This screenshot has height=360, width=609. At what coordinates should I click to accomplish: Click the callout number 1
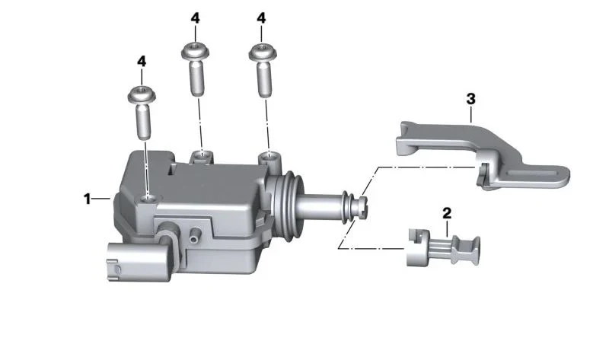(87, 199)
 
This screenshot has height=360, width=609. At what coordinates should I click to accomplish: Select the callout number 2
(447, 213)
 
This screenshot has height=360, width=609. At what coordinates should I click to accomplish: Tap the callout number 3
(470, 99)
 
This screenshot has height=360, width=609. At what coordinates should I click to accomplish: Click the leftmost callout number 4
(142, 62)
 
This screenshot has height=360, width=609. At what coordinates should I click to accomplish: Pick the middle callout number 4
(196, 18)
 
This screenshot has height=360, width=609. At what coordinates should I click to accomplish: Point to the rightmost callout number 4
(261, 18)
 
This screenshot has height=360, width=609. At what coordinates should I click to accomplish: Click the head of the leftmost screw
(142, 94)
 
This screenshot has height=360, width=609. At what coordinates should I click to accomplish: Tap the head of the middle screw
(196, 51)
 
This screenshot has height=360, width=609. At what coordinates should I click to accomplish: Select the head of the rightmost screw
(263, 52)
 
